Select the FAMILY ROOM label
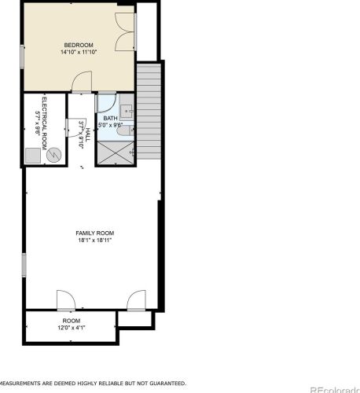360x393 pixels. [95, 233]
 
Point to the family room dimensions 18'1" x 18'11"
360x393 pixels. [95, 241]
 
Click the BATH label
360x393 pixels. [110, 118]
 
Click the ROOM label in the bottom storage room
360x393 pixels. [72, 321]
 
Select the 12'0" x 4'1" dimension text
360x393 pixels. [72, 328]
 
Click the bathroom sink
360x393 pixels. [127, 111]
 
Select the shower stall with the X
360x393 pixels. [116, 152]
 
